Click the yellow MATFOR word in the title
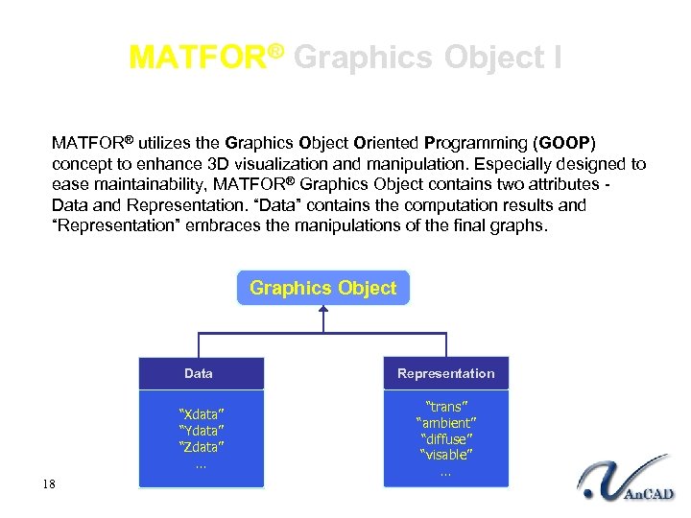tap(197, 58)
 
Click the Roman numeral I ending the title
tap(558, 58)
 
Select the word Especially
tap(464, 164)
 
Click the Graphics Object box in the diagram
tap(322, 288)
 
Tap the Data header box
tap(199, 373)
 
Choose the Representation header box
tap(445, 373)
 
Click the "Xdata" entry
tap(202, 414)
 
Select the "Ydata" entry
tap(202, 431)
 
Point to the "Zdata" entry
tap(202, 447)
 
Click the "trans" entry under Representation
tap(445, 407)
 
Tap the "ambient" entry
tap(445, 423)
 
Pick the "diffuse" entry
tap(445, 438)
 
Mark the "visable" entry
tap(445, 455)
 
